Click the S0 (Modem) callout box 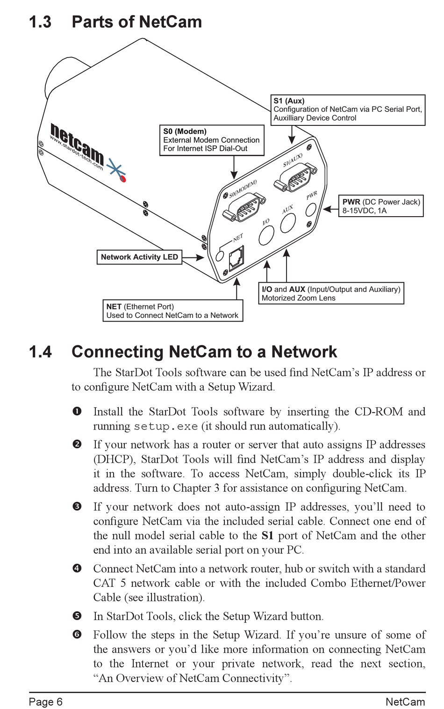212,140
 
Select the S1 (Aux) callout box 348,110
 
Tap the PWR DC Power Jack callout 380,206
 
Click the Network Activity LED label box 139,257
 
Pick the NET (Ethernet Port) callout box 172,311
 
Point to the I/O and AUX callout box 331,293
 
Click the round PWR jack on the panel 311,209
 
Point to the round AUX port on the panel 288,222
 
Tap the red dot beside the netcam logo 123,178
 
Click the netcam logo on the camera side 77,144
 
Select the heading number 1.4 40,352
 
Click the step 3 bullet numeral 77,506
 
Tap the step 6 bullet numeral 77,635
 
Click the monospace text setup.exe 166,426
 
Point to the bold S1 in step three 267,535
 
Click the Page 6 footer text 45,702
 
